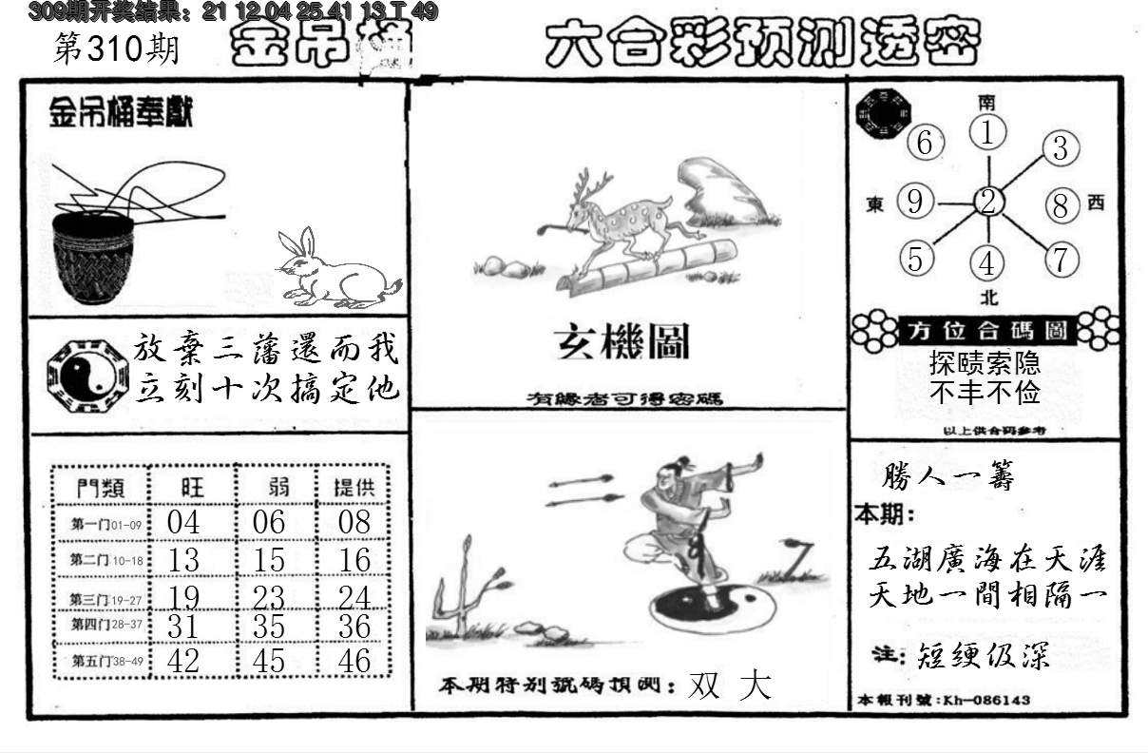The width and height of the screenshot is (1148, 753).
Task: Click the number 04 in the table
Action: (x=182, y=522)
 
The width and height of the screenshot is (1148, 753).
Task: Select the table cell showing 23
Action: (x=269, y=596)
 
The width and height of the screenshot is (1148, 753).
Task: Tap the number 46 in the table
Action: (x=354, y=660)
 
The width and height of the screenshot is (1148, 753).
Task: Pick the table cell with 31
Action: (x=182, y=626)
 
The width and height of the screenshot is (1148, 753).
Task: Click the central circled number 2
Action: (x=988, y=202)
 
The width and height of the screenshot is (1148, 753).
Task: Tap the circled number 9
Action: (x=914, y=202)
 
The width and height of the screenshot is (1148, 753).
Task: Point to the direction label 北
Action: (x=988, y=298)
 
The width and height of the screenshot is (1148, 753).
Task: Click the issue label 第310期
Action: (x=117, y=50)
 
